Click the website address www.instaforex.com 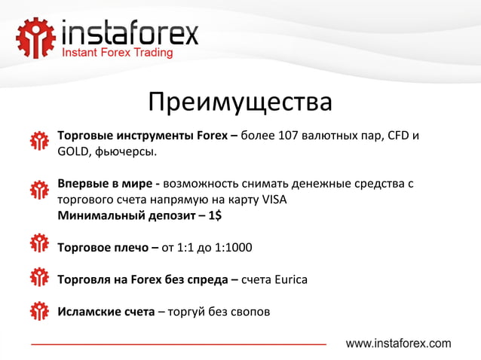point(398,343)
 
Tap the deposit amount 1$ point(214,215)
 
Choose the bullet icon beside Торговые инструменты point(39,142)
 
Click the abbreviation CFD point(399,137)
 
